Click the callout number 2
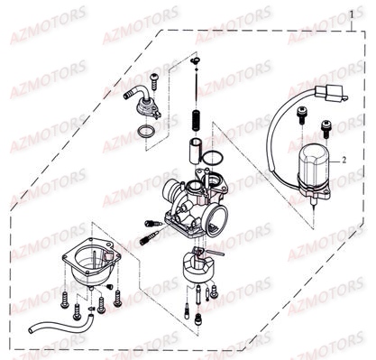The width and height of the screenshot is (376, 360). point(343,159)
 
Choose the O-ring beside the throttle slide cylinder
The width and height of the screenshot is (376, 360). point(213,159)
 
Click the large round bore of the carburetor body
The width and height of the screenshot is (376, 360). point(215,216)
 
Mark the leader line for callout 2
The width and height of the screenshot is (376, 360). point(333,159)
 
